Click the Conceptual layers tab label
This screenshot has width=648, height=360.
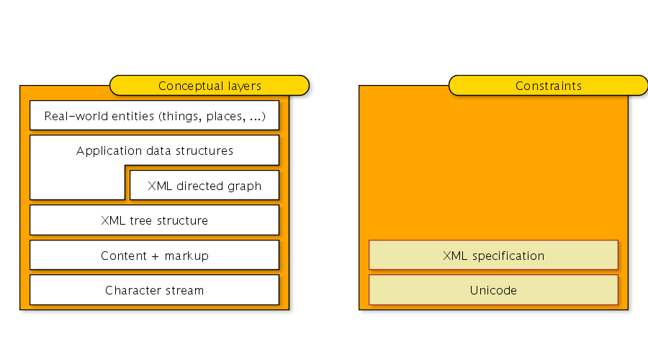click(210, 86)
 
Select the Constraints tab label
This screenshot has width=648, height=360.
click(548, 86)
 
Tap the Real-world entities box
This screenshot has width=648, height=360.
click(154, 116)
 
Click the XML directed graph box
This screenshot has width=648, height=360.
click(204, 186)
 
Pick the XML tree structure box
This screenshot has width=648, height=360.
click(154, 220)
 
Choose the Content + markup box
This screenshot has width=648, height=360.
click(154, 256)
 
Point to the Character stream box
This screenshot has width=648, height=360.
click(154, 291)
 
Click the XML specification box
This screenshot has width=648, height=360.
click(493, 256)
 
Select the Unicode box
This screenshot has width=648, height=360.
click(493, 291)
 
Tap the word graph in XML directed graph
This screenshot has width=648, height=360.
click(246, 186)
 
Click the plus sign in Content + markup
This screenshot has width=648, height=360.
click(154, 256)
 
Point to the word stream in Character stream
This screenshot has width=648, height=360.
click(185, 291)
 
